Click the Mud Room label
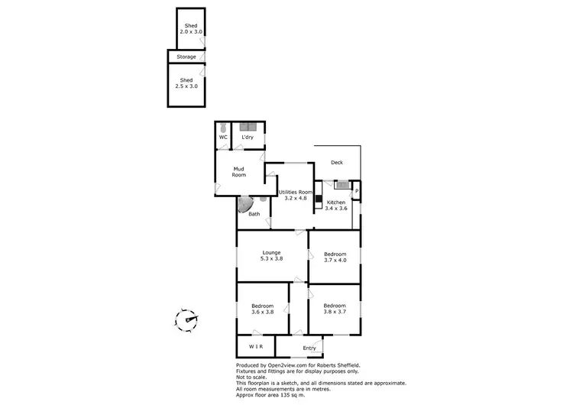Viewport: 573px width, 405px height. pos(239,173)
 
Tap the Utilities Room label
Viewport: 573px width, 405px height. pos(296,195)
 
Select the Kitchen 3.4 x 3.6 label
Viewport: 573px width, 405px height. pos(336,205)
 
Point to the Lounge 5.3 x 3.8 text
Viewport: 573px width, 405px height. pos(272,256)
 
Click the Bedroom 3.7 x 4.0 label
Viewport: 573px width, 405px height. pos(335,257)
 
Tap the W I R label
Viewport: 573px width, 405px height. pos(255,347)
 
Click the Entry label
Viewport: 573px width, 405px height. pos(309,348)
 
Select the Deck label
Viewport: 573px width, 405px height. pos(337,162)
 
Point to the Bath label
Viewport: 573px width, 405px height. pos(254,214)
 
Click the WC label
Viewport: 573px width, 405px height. pos(223,138)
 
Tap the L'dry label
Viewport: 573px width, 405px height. pos(248,138)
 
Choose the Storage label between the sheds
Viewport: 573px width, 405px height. pos(186,57)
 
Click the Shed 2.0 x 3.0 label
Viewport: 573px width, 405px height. pos(191,29)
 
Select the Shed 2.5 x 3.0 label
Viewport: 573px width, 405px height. pos(187,83)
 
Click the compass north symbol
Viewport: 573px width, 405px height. pos(186,319)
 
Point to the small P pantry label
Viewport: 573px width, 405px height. pos(357,190)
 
